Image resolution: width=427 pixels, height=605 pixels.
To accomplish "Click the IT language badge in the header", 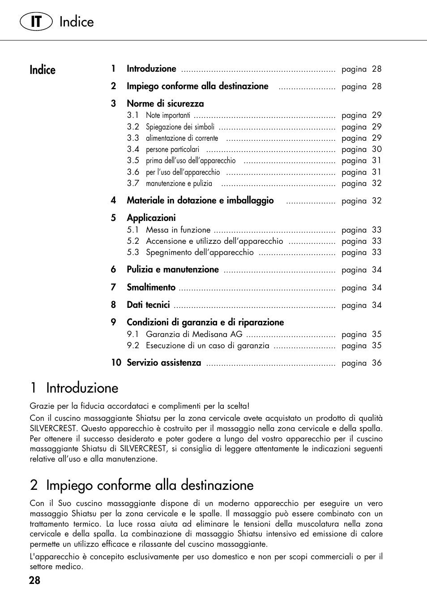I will [x=36, y=22].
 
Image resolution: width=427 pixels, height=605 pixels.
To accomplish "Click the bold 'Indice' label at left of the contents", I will [x=43, y=70].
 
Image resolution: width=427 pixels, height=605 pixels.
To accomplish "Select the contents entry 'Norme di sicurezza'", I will [x=165, y=104].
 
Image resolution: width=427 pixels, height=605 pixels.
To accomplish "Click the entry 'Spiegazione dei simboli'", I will [x=180, y=127].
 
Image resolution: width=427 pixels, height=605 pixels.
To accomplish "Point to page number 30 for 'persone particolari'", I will [x=377, y=149].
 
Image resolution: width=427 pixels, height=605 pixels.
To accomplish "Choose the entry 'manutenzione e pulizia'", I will [x=179, y=183].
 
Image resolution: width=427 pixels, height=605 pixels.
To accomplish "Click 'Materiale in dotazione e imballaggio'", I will [x=200, y=200].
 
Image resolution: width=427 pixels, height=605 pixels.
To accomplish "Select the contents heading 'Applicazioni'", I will [x=151, y=218].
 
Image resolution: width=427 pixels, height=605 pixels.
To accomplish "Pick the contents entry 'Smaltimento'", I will [x=151, y=287].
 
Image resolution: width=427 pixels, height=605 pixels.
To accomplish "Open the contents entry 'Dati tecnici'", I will [x=148, y=305].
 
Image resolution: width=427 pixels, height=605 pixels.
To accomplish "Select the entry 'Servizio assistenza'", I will [x=164, y=363].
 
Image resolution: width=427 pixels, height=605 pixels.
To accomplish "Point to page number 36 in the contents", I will [x=377, y=363].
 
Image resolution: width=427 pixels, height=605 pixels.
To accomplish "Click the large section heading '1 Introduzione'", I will [x=74, y=388].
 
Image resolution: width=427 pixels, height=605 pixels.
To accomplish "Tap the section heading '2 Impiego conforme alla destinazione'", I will [x=142, y=485].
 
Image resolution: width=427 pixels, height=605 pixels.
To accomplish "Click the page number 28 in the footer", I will [x=34, y=580].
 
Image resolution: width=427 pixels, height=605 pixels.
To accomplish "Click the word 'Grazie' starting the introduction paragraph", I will [x=42, y=406].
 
